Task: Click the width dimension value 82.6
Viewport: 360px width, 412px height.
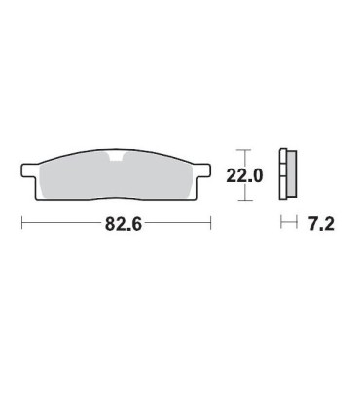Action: [x=124, y=224]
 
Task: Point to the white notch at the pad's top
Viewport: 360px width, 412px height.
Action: [x=118, y=158]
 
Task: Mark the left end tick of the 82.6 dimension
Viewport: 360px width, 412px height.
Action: [x=21, y=224]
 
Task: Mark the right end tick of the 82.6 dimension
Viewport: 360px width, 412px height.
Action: [x=211, y=224]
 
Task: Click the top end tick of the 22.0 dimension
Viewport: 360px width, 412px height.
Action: [x=245, y=151]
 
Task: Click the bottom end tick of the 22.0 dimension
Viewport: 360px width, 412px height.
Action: [x=245, y=200]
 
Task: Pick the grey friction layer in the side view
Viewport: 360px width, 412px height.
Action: [x=290, y=175]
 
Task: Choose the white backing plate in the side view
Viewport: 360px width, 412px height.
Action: [x=283, y=175]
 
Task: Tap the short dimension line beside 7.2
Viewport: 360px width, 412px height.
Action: [x=287, y=224]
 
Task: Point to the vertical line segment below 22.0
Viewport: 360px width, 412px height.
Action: [x=245, y=193]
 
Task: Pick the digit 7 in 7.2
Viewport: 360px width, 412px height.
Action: [x=312, y=224]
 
